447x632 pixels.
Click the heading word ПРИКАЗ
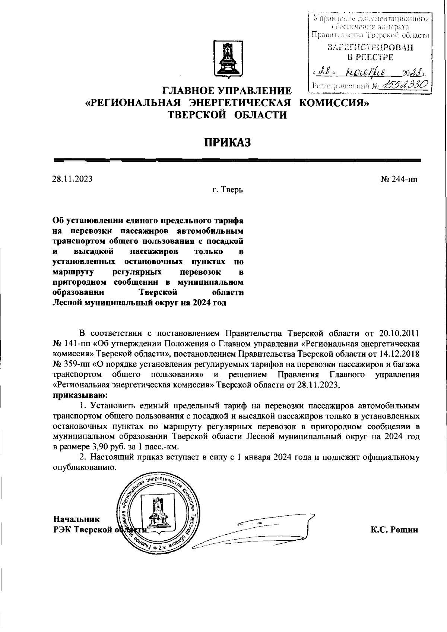[227, 142]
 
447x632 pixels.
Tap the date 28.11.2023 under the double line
[72, 179]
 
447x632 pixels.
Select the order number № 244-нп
[399, 180]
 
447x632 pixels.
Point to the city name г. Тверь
[227, 190]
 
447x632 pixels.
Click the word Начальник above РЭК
[76, 519]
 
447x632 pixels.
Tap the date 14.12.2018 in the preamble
[400, 353]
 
